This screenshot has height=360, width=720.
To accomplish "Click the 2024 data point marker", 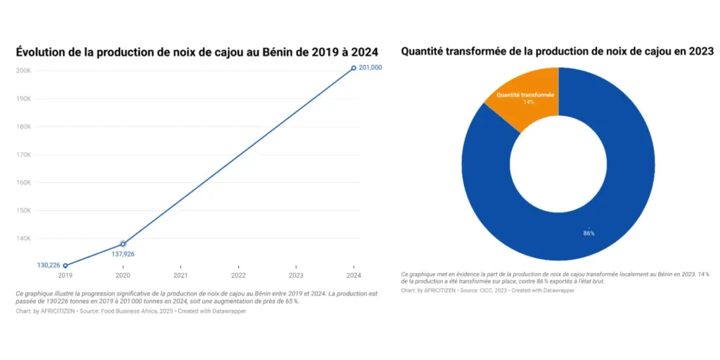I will click(354, 68).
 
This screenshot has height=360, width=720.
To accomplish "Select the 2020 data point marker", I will click(123, 244).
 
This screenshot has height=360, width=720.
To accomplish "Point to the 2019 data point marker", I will click(65, 266).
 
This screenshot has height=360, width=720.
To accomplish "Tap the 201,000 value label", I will click(371, 67).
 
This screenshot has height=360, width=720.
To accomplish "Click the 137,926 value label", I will click(123, 254).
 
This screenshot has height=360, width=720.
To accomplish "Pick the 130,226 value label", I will click(49, 266).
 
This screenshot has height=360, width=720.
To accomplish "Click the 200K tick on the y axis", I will click(23, 71).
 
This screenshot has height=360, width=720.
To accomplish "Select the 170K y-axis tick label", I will click(23, 155).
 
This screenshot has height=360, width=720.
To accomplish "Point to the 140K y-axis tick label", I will click(23, 238).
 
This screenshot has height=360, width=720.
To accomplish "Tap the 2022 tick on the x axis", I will click(238, 276).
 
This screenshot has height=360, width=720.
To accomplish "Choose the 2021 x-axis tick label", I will click(181, 276).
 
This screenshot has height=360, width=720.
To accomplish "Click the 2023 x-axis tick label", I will click(296, 276).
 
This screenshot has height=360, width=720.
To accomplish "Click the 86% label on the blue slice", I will click(589, 233).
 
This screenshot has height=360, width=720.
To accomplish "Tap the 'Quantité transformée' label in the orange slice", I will click(525, 95).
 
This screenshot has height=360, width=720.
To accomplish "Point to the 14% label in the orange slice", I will click(528, 103).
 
